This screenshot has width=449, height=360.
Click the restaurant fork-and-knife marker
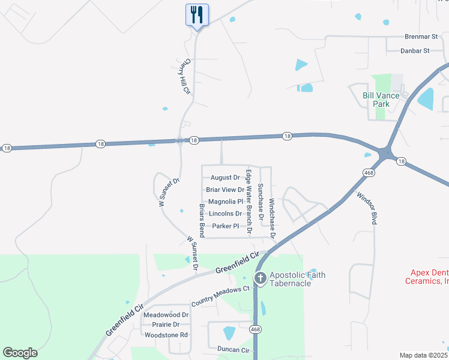coord(197,15)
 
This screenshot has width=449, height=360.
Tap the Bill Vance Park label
coord(376,100)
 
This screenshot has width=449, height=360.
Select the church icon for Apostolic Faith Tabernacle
coord(261,278)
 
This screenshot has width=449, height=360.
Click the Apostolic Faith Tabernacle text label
coord(297,279)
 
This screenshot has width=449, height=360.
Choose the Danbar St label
coord(415,51)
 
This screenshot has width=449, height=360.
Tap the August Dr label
coord(225,178)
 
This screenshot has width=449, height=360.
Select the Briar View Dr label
coord(225,190)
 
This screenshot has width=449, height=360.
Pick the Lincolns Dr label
coord(226,214)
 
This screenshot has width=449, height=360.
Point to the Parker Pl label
coord(226,226)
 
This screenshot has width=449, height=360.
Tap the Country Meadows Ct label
coord(220,296)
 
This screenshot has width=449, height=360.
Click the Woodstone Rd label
coord(167,335)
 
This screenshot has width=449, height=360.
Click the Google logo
coord(20,353)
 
